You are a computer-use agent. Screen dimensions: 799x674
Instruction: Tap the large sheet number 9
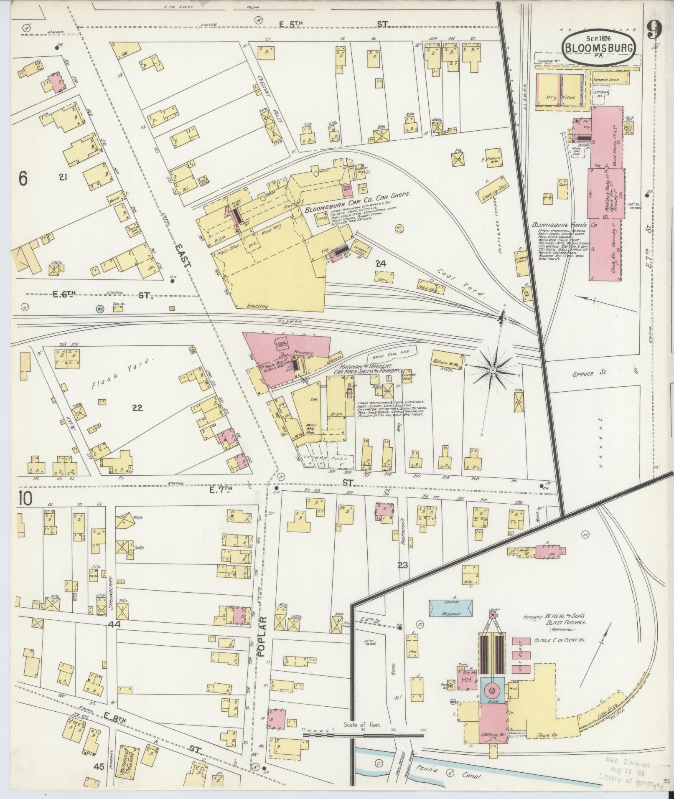point(654,30)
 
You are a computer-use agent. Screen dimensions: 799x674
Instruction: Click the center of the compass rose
point(493,370)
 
